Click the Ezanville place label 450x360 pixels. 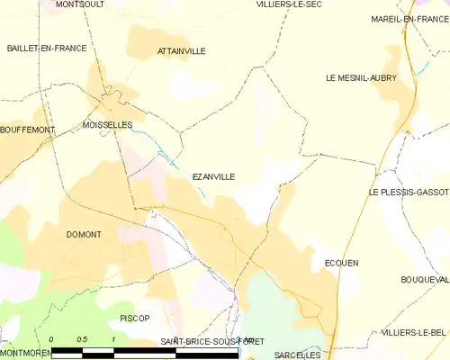click(213, 177)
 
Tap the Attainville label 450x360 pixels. click(181, 51)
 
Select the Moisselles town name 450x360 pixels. click(107, 124)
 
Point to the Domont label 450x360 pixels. click(84, 234)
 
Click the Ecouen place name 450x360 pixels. click(341, 263)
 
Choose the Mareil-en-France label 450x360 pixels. click(409, 18)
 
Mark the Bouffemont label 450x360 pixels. click(28, 130)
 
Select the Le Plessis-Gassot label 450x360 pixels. click(408, 193)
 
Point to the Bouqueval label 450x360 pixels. click(424, 280)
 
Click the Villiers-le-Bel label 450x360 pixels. click(413, 332)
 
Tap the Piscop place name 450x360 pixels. click(134, 319)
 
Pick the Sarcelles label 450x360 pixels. click(297, 355)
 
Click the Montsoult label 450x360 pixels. click(79, 4)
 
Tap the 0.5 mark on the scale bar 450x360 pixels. click(82, 338)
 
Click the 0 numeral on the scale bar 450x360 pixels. click(51, 338)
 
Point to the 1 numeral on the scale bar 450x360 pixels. click(113, 338)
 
